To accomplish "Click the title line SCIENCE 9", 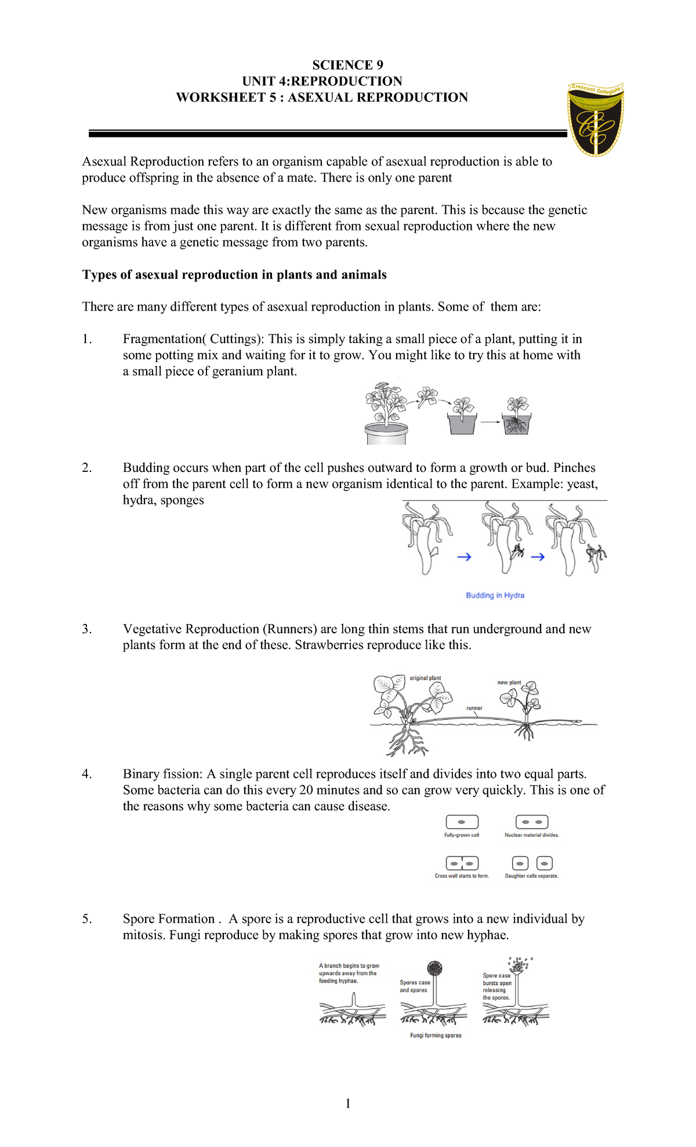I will [x=347, y=65].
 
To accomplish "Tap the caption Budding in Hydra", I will [x=495, y=595].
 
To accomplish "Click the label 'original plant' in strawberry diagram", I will [x=425, y=678].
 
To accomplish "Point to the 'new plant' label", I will [x=509, y=683].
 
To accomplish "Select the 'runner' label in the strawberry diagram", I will [x=474, y=708].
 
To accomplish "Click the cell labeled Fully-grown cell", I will [x=462, y=822].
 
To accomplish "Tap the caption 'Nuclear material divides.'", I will [x=531, y=835].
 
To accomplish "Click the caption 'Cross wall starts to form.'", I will [x=462, y=876].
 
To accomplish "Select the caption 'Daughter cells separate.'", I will [x=531, y=876].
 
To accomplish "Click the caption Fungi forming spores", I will [x=436, y=1035].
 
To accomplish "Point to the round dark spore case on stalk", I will [x=434, y=968].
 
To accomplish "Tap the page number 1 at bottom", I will [x=348, y=1103].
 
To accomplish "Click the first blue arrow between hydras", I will [x=464, y=557].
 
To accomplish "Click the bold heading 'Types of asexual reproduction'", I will [x=234, y=275].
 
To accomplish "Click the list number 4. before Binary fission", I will [x=87, y=774].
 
